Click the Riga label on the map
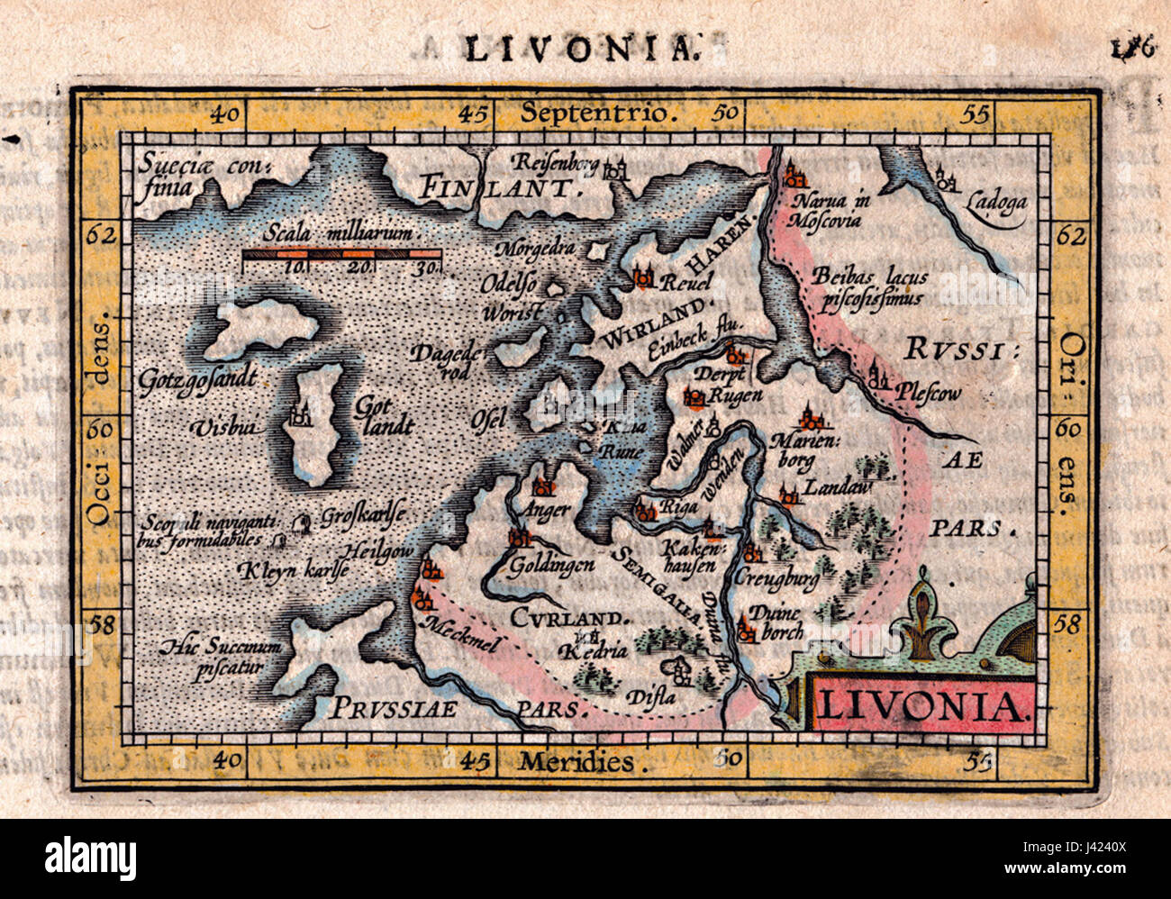(x=679, y=507)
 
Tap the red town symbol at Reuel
(x=643, y=278)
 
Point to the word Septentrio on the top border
(x=597, y=114)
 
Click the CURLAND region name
(x=558, y=618)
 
